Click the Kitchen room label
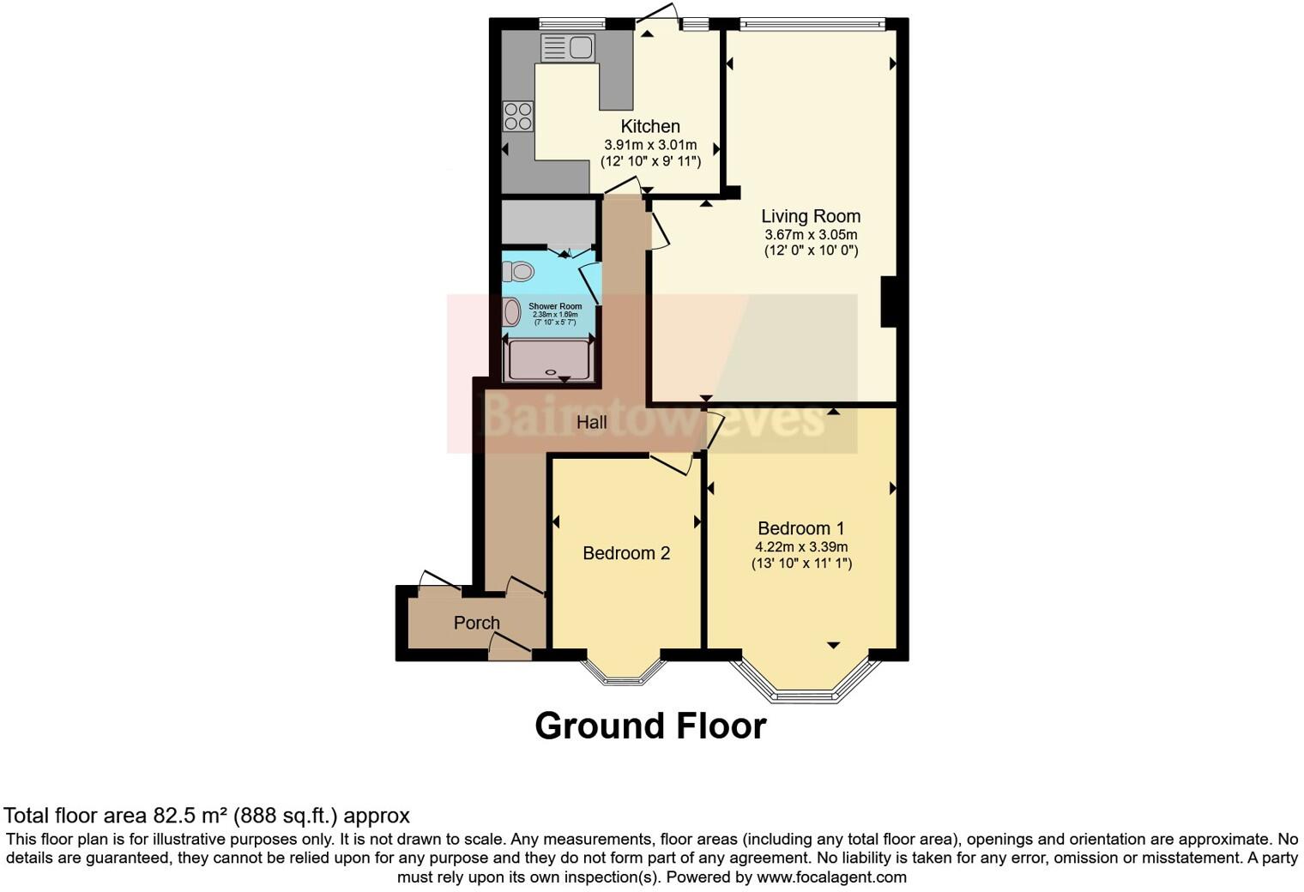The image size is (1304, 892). click(x=650, y=127)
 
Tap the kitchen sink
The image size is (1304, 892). click(x=567, y=48)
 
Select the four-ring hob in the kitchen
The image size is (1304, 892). click(x=518, y=116)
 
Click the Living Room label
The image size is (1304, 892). click(x=811, y=216)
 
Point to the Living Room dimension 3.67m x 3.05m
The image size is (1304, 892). click(x=811, y=234)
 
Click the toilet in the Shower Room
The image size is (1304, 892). click(x=519, y=272)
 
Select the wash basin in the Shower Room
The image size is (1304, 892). click(x=512, y=312)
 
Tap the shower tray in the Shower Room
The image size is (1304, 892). click(x=548, y=360)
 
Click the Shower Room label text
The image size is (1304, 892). click(x=555, y=306)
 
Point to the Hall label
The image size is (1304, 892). click(x=591, y=422)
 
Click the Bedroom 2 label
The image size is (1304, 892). click(x=626, y=553)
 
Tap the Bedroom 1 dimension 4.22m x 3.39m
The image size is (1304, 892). click(x=801, y=546)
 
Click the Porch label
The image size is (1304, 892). click(x=476, y=623)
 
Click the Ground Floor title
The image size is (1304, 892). click(x=650, y=726)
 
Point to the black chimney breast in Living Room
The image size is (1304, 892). click(x=889, y=301)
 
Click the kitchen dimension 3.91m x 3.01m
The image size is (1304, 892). click(x=650, y=145)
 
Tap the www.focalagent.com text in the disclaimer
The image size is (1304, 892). click(x=831, y=877)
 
